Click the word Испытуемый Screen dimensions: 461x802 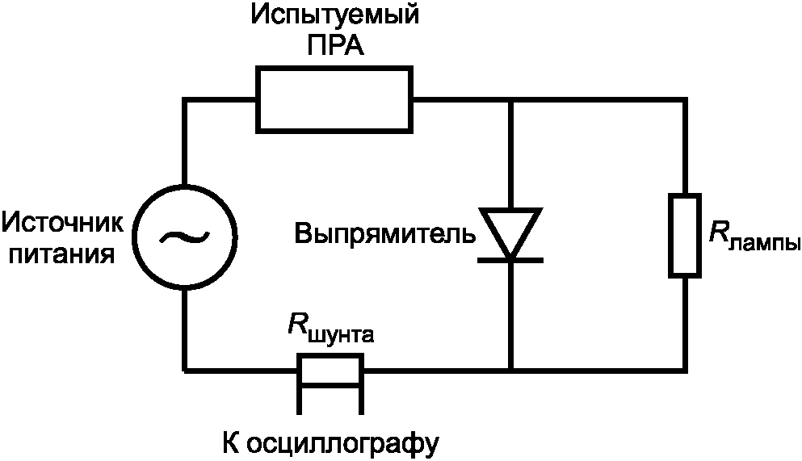coord(335,16)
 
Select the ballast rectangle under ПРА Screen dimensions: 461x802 coord(334,100)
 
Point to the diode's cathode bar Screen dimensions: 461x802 coord(510,259)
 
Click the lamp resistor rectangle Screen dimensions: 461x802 coord(684,235)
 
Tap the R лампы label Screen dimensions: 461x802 coord(754,237)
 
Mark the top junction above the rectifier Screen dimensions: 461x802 coord(510,100)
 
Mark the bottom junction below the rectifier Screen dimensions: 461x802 coord(510,371)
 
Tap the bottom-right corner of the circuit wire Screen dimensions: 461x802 coord(684,371)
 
